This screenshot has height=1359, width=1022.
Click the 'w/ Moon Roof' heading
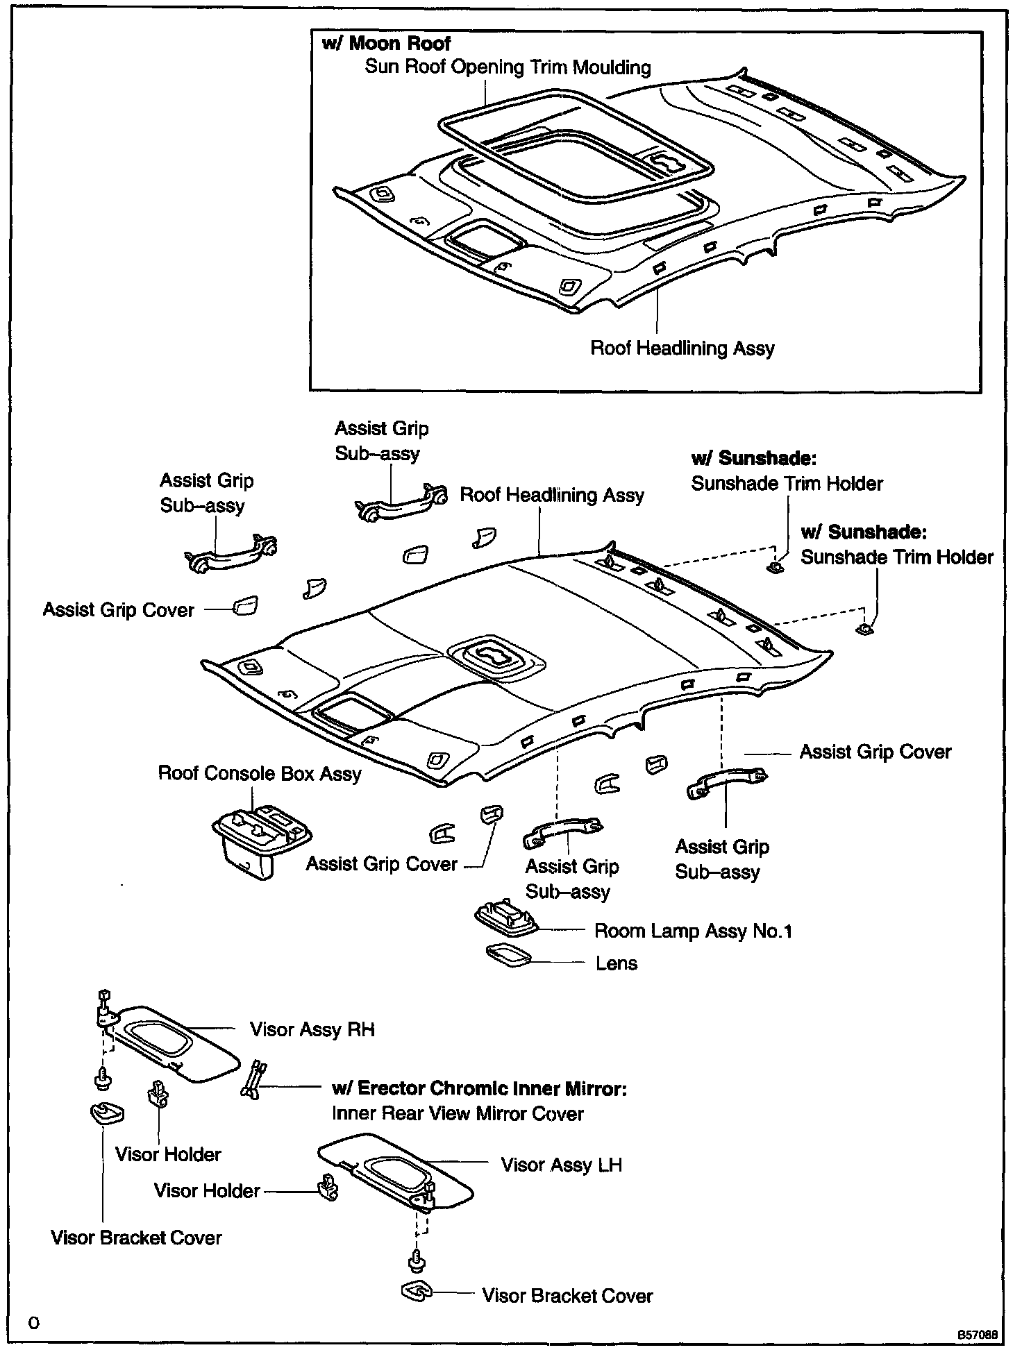[x=386, y=44]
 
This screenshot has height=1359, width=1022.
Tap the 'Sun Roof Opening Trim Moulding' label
[x=508, y=67]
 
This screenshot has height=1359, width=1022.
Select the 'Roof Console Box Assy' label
[x=260, y=774]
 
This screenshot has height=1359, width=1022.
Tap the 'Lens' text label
[x=616, y=963]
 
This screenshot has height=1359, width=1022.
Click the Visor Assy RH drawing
[x=174, y=1044]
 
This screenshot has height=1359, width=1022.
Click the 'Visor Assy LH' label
[x=561, y=1165]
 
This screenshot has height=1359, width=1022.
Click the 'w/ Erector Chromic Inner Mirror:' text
[x=479, y=1088]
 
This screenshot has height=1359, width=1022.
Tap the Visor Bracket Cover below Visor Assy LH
[x=417, y=1292]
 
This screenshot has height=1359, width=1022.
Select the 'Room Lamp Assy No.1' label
[x=692, y=931]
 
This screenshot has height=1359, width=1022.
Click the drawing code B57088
[x=978, y=1335]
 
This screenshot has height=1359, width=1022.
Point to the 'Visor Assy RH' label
[x=312, y=1029]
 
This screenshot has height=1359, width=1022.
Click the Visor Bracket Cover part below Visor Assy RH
[x=107, y=1113]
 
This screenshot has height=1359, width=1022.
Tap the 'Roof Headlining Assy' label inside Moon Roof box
[x=682, y=348]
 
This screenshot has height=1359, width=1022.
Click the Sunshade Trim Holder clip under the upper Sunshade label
[x=776, y=567]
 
